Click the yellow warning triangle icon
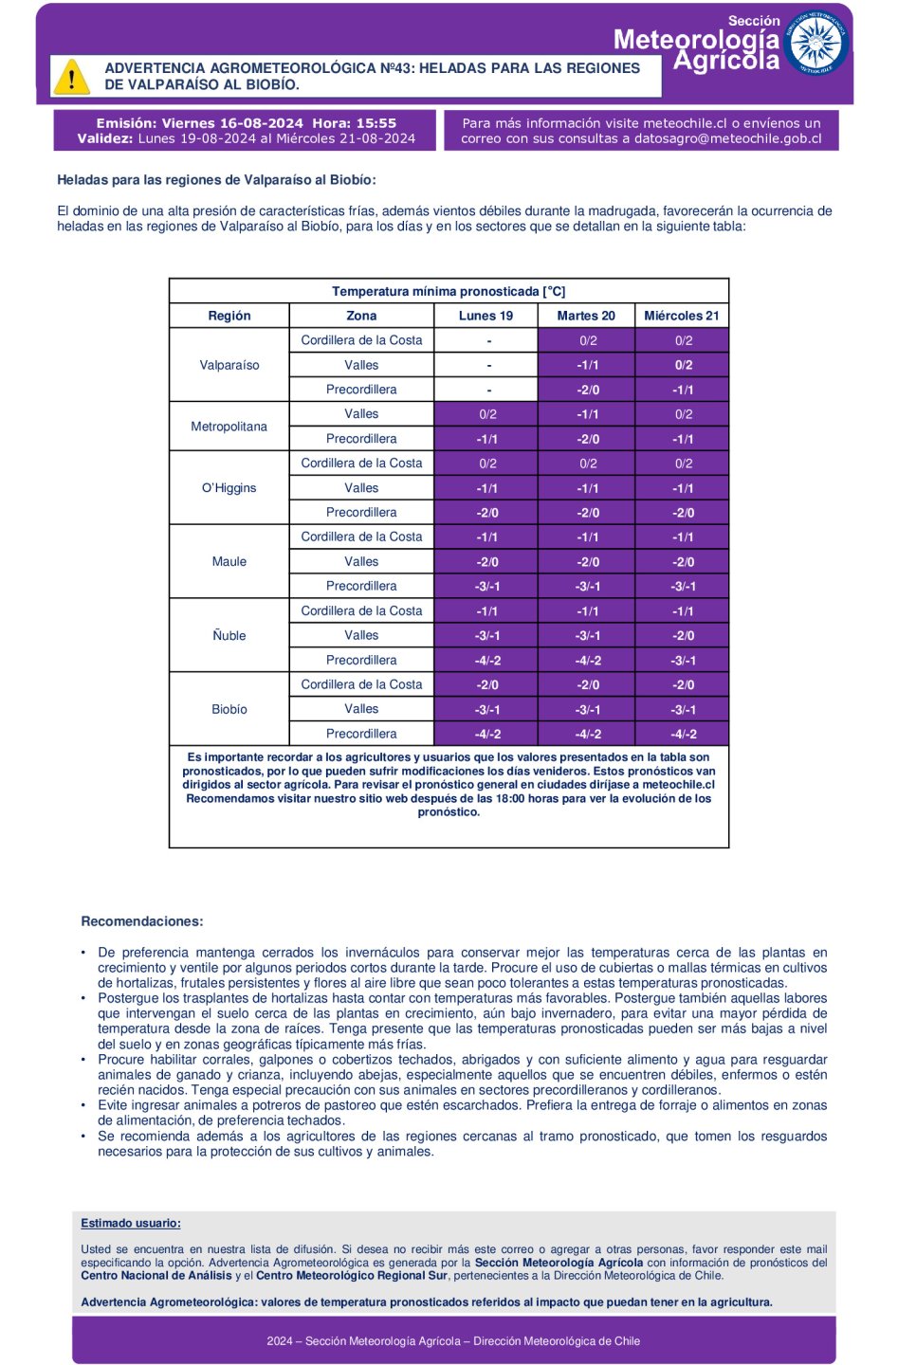click(x=71, y=77)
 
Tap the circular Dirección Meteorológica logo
click(x=816, y=43)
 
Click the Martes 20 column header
click(x=586, y=316)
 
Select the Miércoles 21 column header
click(x=681, y=316)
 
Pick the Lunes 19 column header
click(x=486, y=316)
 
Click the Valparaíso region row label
click(x=229, y=365)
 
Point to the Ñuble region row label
click(x=229, y=636)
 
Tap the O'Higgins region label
click(x=229, y=488)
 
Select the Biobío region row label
click(x=229, y=709)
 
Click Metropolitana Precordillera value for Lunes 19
click(x=487, y=439)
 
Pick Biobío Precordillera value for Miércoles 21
click(x=683, y=734)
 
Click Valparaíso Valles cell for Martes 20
click(x=587, y=365)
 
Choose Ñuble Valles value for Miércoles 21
click(x=683, y=636)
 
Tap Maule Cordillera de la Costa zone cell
click(x=361, y=537)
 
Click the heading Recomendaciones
click(x=142, y=921)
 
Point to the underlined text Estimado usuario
click(x=131, y=1224)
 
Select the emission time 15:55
click(x=376, y=123)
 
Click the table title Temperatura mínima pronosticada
click(x=449, y=291)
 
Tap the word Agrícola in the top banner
click(x=726, y=61)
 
